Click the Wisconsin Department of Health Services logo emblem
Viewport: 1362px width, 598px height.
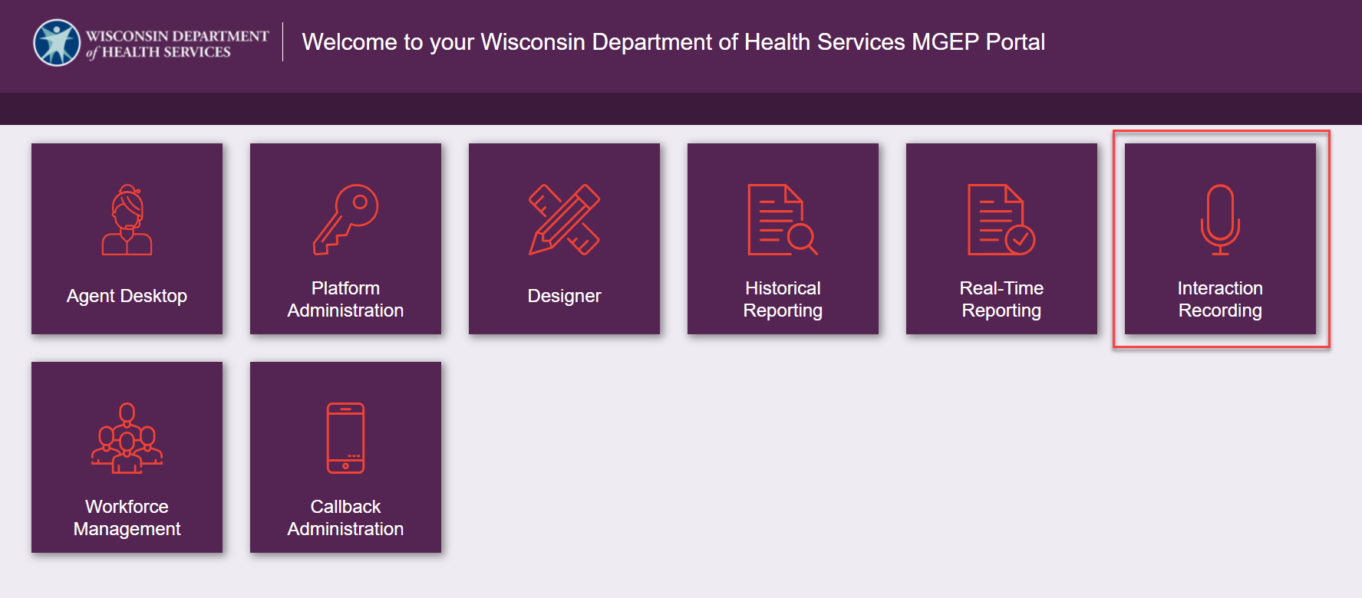pyautogui.click(x=57, y=42)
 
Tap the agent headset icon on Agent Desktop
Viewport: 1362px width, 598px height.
pyautogui.click(x=127, y=219)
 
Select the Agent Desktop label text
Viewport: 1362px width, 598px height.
pyautogui.click(x=127, y=296)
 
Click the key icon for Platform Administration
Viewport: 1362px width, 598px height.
pyautogui.click(x=345, y=219)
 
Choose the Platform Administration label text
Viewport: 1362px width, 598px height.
pyautogui.click(x=345, y=299)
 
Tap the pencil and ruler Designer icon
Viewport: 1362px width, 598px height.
pyautogui.click(x=564, y=219)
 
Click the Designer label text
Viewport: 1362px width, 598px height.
pyautogui.click(x=564, y=296)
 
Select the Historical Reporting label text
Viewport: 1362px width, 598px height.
pyautogui.click(x=783, y=299)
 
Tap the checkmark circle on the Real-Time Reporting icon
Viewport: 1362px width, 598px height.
pyautogui.click(x=1021, y=239)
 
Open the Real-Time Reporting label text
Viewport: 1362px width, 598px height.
pyautogui.click(x=1001, y=299)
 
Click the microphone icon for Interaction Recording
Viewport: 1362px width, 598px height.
pyautogui.click(x=1220, y=219)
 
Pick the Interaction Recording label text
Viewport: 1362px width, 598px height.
pyautogui.click(x=1220, y=299)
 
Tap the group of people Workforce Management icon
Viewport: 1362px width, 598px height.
pyautogui.click(x=127, y=438)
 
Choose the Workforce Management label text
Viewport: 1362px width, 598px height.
pyautogui.click(x=127, y=517)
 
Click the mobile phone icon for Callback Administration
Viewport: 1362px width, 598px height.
pyautogui.click(x=345, y=438)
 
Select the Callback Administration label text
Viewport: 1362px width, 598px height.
pyautogui.click(x=345, y=517)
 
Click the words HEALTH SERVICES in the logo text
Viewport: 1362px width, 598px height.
pyautogui.click(x=166, y=52)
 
